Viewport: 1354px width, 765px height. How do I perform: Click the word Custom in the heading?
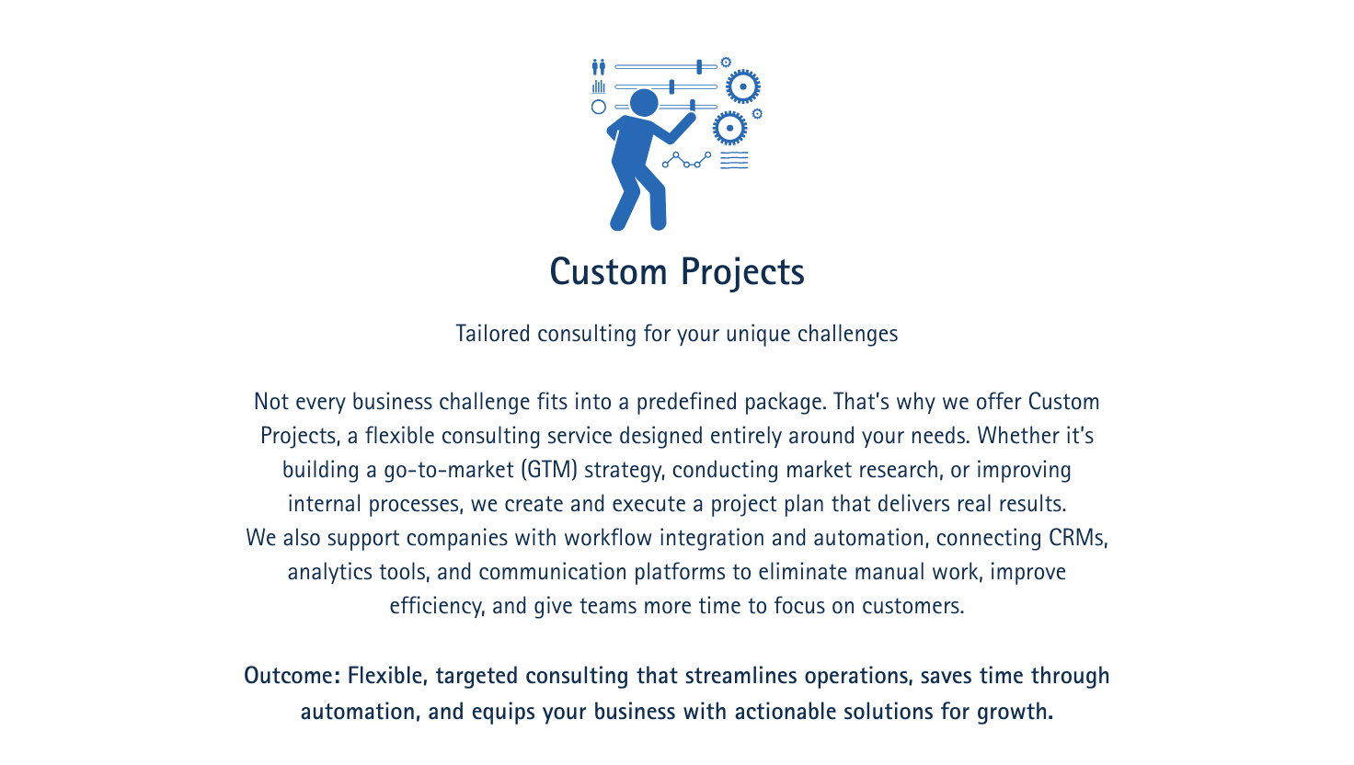point(608,271)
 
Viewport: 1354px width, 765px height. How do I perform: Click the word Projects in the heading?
point(743,273)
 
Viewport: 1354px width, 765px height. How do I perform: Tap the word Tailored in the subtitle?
point(493,334)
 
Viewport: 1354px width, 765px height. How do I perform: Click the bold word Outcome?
point(293,675)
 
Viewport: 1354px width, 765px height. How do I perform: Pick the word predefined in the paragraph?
point(687,402)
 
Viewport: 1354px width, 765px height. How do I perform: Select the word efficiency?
point(437,606)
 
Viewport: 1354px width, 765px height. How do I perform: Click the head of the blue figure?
point(644,103)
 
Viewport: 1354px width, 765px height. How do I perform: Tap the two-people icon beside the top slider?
point(599,66)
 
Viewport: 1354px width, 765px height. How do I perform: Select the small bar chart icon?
point(599,87)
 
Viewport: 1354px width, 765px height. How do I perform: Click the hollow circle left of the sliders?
point(599,107)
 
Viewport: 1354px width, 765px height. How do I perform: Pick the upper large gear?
point(743,86)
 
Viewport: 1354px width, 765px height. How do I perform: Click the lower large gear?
point(729,128)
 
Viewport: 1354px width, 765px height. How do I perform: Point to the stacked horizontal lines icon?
point(734,160)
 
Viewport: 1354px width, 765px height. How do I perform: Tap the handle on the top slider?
point(699,66)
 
